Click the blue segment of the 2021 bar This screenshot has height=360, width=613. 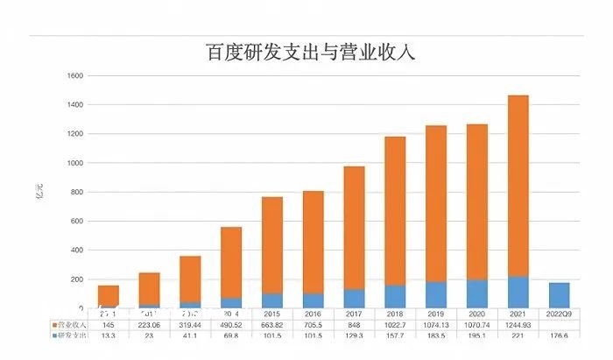point(518,292)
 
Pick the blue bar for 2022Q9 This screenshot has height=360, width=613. point(559,295)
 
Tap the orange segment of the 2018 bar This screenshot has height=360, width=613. point(395,210)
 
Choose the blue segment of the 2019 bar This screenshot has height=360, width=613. point(436,294)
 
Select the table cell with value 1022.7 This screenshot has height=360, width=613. point(395,323)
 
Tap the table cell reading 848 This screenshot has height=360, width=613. point(354,323)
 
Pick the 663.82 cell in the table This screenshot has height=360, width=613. point(272,323)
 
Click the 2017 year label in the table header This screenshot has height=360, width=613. point(354,313)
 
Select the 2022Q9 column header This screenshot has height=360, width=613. point(559,313)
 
